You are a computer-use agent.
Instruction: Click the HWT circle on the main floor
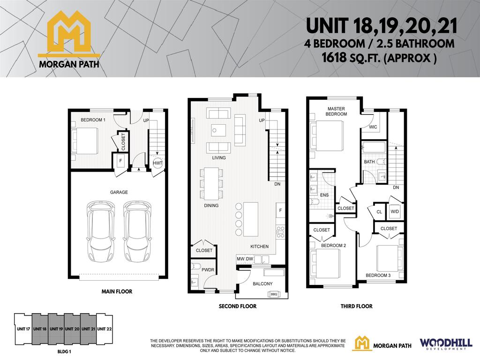coord(157,163)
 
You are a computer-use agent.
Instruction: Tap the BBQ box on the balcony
coord(274,294)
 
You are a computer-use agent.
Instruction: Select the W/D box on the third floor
coord(395,211)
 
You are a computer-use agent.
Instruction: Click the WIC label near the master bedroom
coord(373,127)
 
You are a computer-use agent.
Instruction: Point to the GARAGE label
coord(120,192)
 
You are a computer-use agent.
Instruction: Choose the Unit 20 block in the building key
coord(72,329)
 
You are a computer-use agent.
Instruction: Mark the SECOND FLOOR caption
coord(237,307)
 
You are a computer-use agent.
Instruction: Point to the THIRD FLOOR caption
coord(356,307)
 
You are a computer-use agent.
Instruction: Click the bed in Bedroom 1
coord(85,141)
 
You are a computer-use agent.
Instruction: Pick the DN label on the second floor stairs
coord(277,184)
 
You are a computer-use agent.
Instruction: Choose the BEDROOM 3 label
coord(378,275)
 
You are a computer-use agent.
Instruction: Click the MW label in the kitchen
coord(240,258)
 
